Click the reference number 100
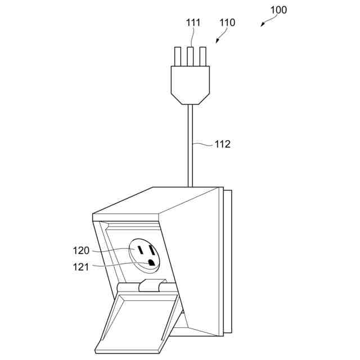(278, 10)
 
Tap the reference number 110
(227, 22)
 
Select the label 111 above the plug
(193, 22)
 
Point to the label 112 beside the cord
(222, 144)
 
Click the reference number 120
(82, 250)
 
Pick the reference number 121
(81, 267)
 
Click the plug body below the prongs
(190, 83)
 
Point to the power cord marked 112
(190, 146)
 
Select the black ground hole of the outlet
(151, 262)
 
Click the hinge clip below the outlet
(150, 286)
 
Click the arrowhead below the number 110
(217, 41)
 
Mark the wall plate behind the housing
(228, 264)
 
